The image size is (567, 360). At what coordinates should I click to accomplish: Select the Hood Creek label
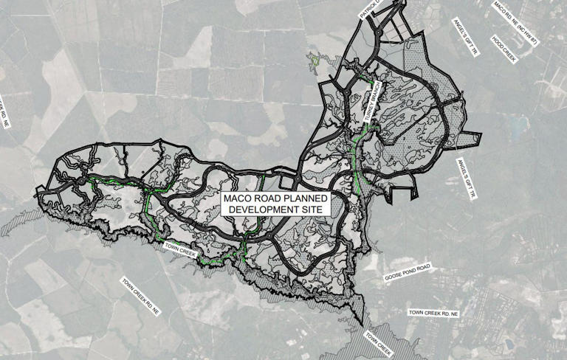pyautogui.click(x=504, y=49)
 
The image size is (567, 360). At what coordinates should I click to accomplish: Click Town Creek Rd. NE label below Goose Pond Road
pyautogui.click(x=434, y=314)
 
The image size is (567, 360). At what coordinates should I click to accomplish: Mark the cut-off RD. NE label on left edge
pyautogui.click(x=8, y=111)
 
